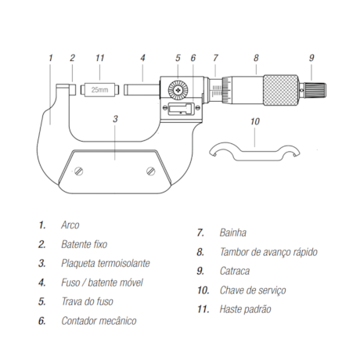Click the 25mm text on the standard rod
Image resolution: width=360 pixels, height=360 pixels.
point(100,90)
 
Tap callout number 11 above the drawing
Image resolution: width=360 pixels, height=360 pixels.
point(99,58)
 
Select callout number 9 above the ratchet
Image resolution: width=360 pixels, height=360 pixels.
point(311,58)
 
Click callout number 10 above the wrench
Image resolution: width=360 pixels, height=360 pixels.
point(254,121)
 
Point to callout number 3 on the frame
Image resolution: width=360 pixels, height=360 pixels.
point(115,119)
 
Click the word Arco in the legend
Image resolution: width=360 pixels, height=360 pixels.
point(70,225)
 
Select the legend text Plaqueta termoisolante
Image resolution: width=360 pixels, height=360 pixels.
point(105,264)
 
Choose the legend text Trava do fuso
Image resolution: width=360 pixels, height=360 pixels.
point(88,301)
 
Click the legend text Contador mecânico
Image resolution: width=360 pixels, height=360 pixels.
point(99,321)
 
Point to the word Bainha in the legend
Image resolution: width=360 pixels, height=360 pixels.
point(233,232)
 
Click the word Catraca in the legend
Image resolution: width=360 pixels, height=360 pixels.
point(235,271)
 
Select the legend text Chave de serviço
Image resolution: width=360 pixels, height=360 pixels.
point(252,290)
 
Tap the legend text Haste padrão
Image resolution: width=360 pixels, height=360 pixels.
point(246,309)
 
